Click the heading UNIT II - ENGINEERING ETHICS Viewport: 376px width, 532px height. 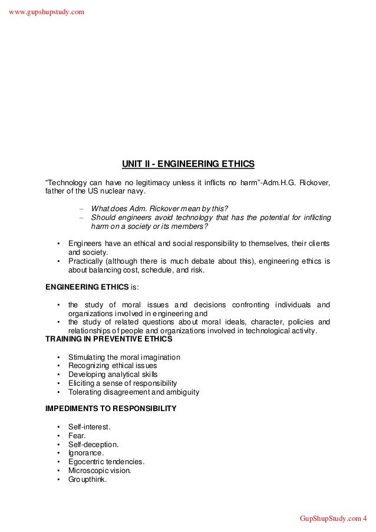click(x=188, y=162)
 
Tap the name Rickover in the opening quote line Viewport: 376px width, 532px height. click(x=315, y=180)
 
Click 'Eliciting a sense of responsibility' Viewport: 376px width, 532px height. click(x=123, y=383)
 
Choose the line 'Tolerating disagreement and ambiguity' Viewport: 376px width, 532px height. click(x=134, y=392)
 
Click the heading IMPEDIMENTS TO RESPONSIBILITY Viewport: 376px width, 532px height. click(x=111, y=408)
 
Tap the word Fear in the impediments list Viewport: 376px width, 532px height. click(x=77, y=435)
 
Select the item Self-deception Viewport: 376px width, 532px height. click(x=94, y=444)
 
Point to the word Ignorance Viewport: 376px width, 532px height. click(x=86, y=452)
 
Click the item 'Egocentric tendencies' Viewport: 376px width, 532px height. click(x=106, y=461)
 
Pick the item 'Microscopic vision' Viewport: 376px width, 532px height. click(x=100, y=470)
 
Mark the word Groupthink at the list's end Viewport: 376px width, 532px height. click(x=87, y=479)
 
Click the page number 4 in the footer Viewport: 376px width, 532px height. click(x=365, y=518)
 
